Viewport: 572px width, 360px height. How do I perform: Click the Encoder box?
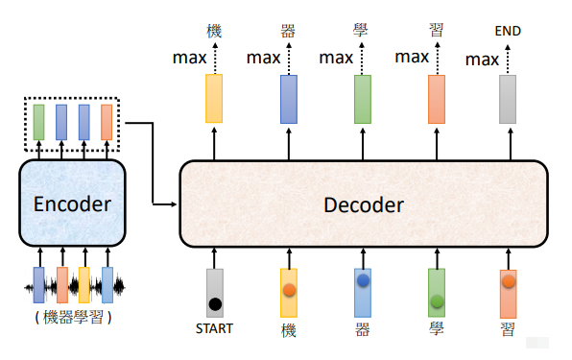pos(72,203)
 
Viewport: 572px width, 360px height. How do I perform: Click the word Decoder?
pos(363,204)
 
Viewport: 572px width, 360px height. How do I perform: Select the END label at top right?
pos(509,31)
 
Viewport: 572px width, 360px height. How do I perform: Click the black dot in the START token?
pos(214,304)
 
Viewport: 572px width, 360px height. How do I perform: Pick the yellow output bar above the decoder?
pos(214,99)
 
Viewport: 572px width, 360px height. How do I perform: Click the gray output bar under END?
pos(509,99)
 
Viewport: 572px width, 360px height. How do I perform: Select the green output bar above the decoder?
pos(362,99)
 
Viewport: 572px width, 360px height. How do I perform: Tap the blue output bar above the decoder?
pos(288,99)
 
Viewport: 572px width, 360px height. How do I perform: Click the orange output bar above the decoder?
pos(436,99)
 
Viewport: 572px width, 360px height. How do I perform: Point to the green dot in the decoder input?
pos(437,301)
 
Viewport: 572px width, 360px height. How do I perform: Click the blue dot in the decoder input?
pos(363,281)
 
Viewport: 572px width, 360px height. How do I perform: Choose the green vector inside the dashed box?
pos(38,122)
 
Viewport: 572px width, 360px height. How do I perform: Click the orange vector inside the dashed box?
pos(107,122)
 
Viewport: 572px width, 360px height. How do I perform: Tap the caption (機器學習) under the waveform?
pos(73,317)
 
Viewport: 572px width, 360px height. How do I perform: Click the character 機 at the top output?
pos(214,30)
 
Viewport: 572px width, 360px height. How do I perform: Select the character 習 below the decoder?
pos(509,329)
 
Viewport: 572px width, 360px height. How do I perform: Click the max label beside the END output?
pos(482,60)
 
